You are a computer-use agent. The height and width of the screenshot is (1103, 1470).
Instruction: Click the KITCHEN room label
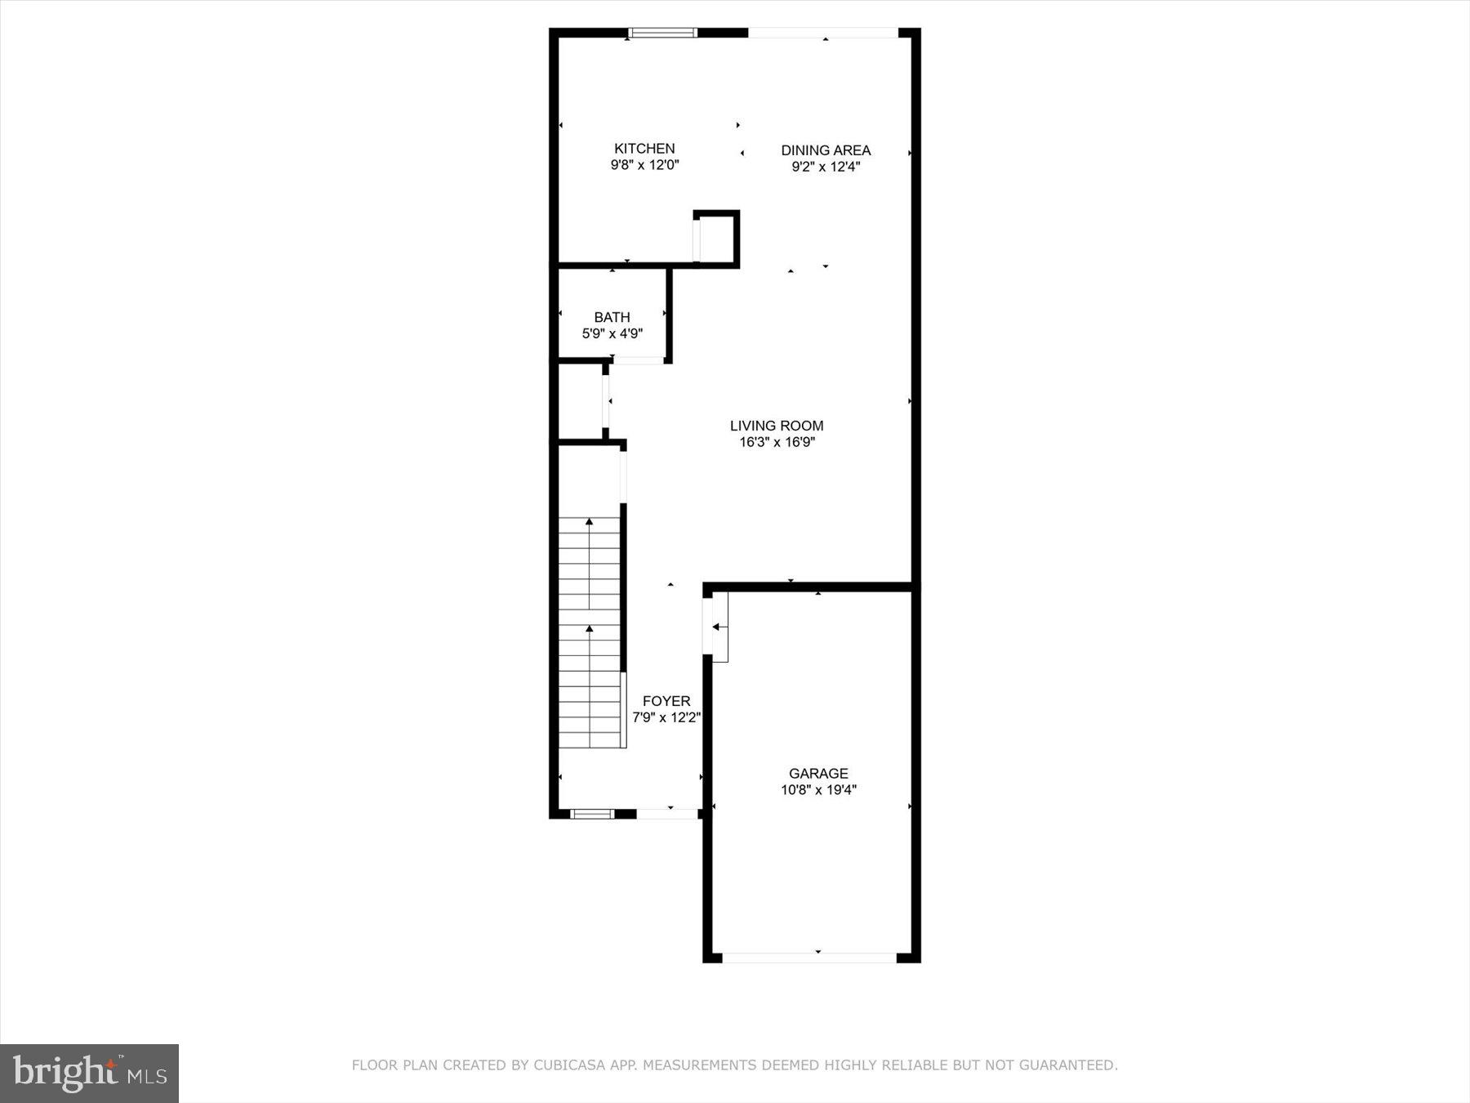click(644, 149)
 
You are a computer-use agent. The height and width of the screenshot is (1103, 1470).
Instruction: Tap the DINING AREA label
click(826, 150)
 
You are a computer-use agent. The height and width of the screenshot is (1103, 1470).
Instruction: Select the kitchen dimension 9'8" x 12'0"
click(644, 165)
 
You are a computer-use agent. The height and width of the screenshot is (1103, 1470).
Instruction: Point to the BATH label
click(612, 317)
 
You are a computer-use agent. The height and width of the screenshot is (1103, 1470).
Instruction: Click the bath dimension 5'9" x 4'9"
click(612, 333)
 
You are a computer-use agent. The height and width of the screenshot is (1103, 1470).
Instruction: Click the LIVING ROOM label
click(777, 426)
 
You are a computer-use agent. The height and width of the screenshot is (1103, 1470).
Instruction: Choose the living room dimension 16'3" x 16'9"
click(777, 443)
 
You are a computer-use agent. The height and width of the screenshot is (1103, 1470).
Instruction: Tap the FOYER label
click(666, 701)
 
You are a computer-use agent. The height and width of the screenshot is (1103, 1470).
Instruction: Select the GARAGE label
click(818, 773)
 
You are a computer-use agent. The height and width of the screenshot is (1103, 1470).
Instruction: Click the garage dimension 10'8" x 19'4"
click(818, 790)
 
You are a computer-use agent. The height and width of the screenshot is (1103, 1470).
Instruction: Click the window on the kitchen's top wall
click(662, 33)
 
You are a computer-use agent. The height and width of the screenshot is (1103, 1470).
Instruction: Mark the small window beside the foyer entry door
click(591, 814)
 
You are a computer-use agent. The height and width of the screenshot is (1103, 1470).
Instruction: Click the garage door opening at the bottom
click(809, 957)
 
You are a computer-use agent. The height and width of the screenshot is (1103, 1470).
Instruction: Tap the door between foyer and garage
click(709, 627)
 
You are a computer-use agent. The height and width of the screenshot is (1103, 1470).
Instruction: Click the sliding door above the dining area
click(823, 33)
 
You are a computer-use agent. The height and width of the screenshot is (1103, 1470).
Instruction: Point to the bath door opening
click(639, 360)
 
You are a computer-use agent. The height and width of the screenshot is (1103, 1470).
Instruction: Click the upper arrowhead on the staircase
click(590, 521)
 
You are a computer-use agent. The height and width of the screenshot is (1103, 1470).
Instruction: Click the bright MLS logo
click(89, 1073)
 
